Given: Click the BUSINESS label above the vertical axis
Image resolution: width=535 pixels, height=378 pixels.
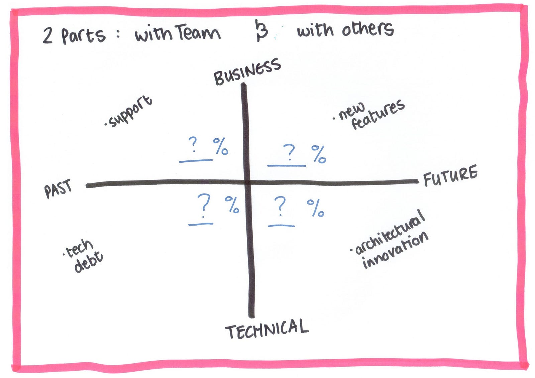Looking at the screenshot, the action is coord(247,72).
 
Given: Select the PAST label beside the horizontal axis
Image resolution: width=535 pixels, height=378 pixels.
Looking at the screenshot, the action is coord(58,188).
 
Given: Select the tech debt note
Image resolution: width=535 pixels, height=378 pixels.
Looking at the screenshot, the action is coord(83,256).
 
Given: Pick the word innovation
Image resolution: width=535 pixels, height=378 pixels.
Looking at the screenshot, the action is coord(396,250).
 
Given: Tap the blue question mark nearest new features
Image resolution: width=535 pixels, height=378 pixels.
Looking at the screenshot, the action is coord(289,152).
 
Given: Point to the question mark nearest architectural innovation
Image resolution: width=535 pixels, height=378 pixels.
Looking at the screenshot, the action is coord(280,206).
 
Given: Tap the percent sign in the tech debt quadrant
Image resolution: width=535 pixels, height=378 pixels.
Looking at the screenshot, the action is coord(232,205).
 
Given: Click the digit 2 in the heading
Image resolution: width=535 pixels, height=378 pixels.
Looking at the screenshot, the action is coord(47,36).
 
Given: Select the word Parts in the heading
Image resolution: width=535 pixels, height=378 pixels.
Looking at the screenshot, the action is coord(83,36).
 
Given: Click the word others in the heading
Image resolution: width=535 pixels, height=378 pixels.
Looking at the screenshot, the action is coord(368,29).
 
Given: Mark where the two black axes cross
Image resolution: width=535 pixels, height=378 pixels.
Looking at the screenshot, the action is coord(247,183).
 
